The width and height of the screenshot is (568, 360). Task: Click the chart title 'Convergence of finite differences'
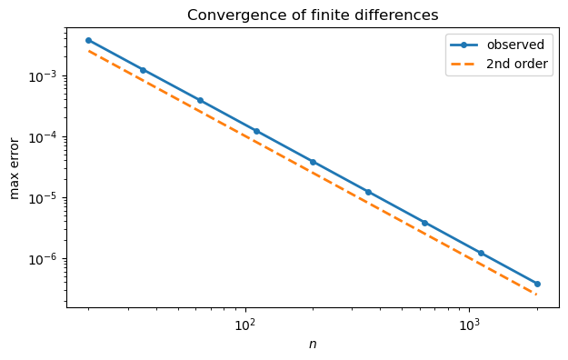point(313,15)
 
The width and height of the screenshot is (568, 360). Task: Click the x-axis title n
point(313,344)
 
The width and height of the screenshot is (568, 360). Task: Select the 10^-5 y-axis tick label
point(43,198)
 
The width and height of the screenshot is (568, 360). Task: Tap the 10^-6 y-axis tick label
point(43,259)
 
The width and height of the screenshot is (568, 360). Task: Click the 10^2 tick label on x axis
point(244,325)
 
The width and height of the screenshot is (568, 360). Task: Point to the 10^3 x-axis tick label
point(469,325)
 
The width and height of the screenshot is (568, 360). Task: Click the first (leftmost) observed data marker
point(88,40)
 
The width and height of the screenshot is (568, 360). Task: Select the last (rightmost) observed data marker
point(537,284)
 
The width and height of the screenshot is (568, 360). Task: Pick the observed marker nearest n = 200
point(313,162)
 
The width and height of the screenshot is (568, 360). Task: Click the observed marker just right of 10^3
point(481,253)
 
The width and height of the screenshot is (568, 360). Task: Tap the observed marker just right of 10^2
point(256,131)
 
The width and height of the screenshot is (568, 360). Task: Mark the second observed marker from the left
point(143,70)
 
